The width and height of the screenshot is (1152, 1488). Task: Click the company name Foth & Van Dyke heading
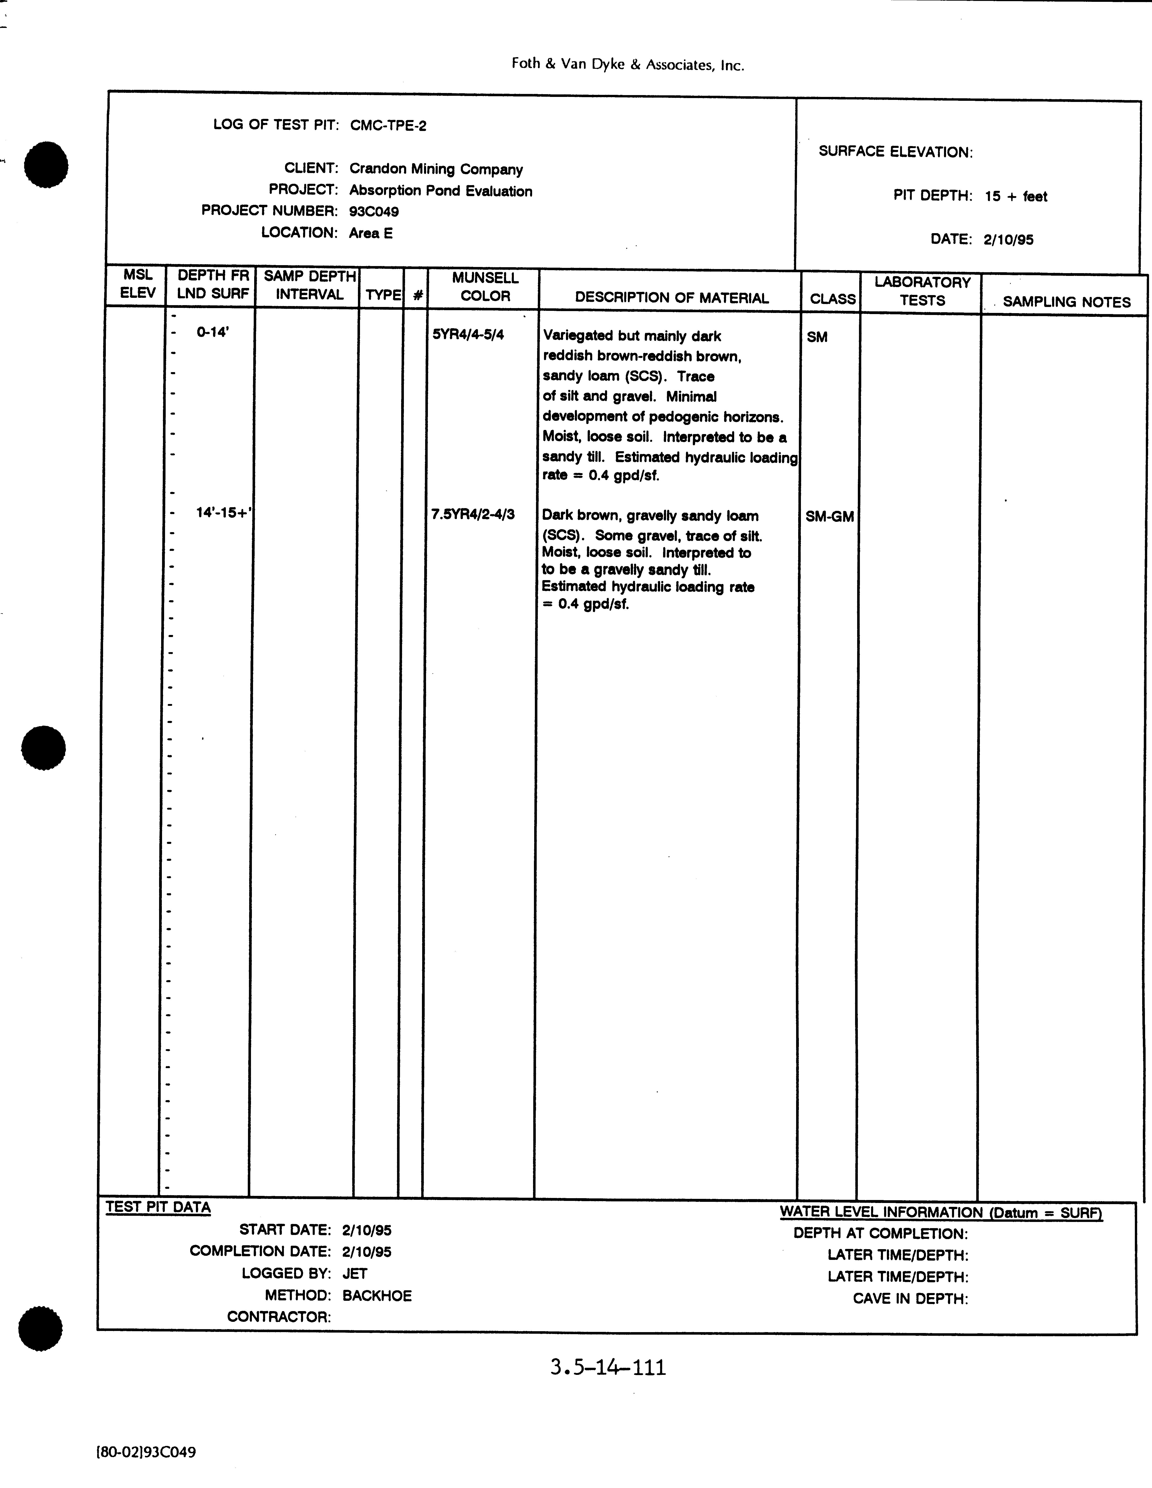click(627, 65)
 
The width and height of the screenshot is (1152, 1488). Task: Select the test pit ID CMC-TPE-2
click(388, 125)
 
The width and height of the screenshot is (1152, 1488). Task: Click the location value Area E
click(371, 233)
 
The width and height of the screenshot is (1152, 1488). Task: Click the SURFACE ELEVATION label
click(895, 152)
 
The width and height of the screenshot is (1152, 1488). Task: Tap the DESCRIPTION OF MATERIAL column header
click(672, 298)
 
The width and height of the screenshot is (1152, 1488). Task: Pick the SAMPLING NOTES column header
click(1066, 302)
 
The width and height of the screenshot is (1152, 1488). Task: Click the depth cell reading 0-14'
click(213, 333)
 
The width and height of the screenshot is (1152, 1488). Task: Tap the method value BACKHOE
click(377, 1295)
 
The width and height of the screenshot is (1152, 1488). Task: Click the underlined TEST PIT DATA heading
click(158, 1207)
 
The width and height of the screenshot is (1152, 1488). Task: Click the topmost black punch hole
click(46, 165)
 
